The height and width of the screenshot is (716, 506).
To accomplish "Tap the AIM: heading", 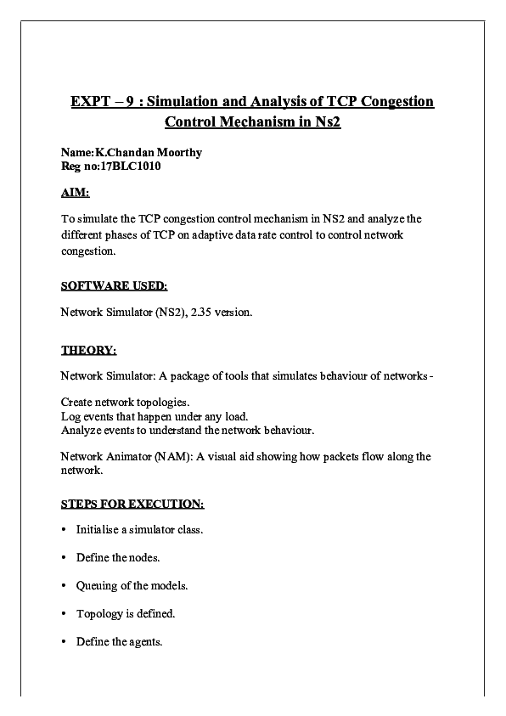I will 75,193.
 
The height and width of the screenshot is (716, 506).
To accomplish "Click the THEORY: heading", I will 88,349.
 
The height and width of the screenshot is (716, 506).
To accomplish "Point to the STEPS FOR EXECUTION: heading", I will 132,504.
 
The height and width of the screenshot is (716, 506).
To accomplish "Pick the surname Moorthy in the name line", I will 177,153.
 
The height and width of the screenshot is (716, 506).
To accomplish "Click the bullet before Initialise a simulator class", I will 65,530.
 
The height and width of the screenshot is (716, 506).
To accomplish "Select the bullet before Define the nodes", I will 65,558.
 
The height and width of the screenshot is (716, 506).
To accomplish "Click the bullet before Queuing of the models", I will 65,586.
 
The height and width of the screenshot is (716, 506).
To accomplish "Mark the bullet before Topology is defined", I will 65,614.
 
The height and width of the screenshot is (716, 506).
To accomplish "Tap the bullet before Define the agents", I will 65,642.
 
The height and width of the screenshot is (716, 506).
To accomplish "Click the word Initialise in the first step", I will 98,530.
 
